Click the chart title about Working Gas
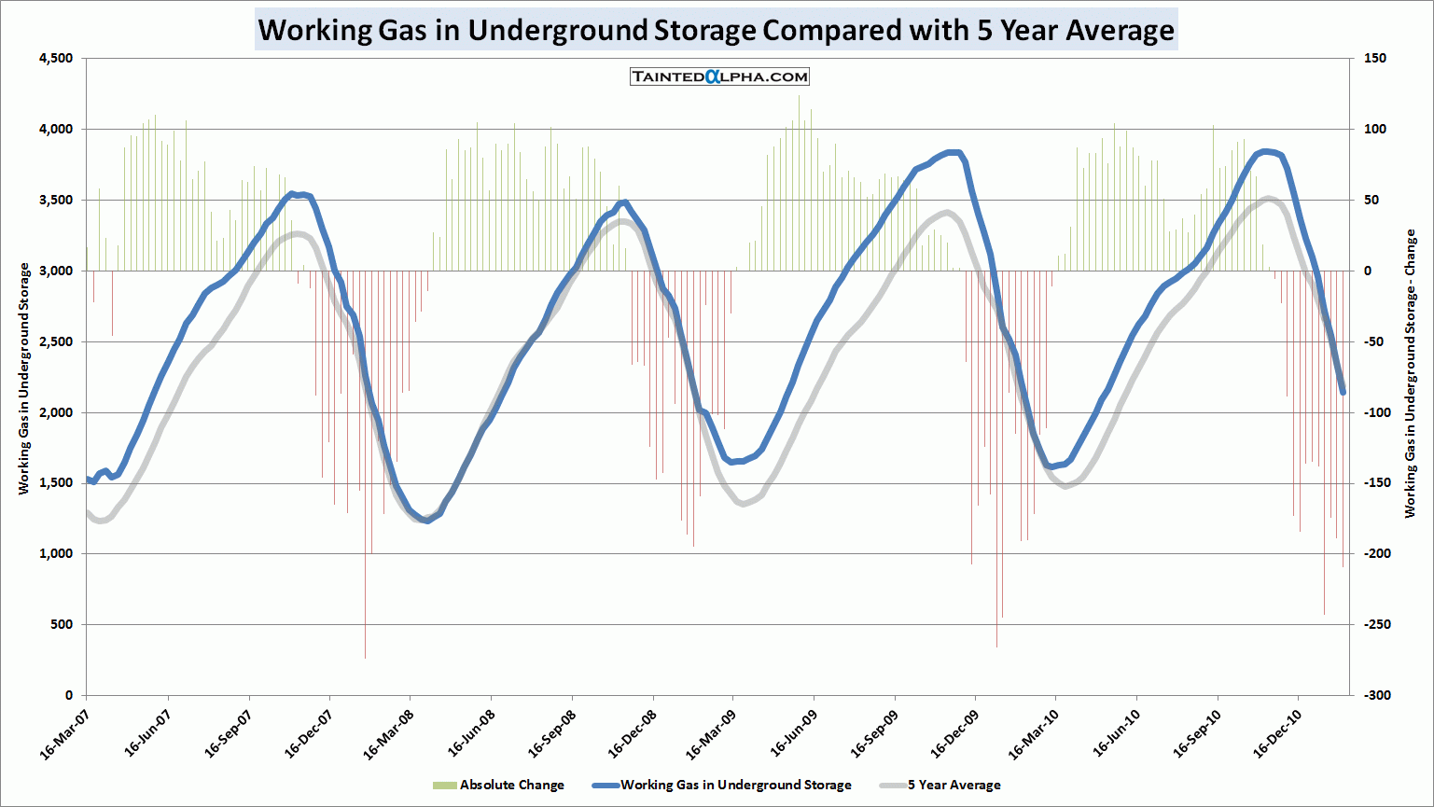[x=716, y=30]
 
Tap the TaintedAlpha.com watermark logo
[x=719, y=77]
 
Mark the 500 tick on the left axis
[x=63, y=624]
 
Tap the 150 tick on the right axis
[x=1374, y=59]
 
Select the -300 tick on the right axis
[x=1377, y=695]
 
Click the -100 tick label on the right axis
[x=1377, y=412]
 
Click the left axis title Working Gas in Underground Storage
[x=24, y=378]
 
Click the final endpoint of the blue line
[x=1343, y=393]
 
